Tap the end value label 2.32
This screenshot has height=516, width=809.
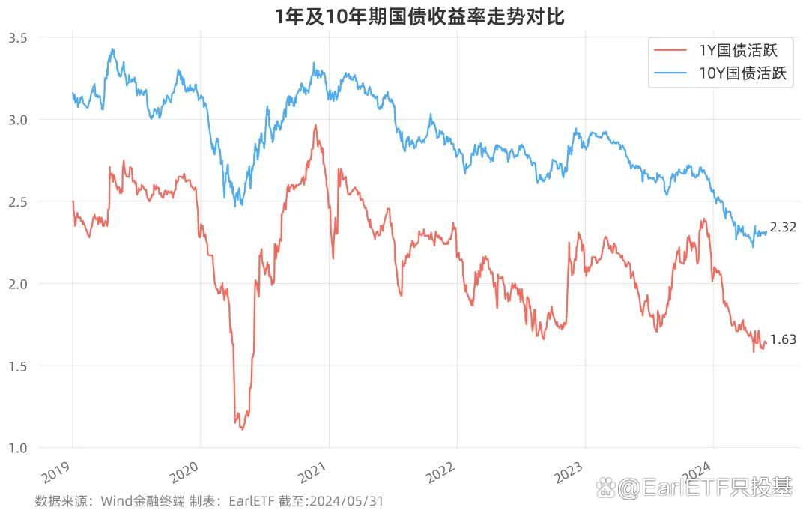[783, 228]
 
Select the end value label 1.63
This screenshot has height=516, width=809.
[783, 339]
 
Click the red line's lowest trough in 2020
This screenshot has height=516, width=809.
[241, 429]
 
